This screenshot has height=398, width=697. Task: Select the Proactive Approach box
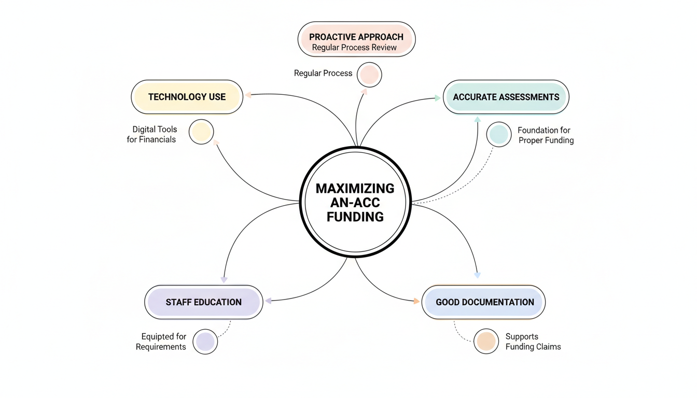coord(356,39)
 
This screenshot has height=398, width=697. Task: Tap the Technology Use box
coord(187,97)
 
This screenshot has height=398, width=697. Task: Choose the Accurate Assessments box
coord(506,97)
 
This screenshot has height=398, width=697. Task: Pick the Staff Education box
coord(203,302)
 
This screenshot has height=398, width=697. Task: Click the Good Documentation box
coord(484,302)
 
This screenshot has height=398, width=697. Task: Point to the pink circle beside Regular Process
coord(369,75)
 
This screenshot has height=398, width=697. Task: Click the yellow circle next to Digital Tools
coord(201,132)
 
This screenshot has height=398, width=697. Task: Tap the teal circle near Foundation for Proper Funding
coord(499,134)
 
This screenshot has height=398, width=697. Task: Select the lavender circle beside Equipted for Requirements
coord(205,342)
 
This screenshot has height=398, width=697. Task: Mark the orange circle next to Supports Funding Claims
coord(486,342)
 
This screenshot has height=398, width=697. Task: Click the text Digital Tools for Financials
coord(152,134)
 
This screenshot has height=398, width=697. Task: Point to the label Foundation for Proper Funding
coord(546,135)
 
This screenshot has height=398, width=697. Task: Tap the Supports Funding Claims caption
coord(533,342)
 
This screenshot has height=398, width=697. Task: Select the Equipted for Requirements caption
coord(161,342)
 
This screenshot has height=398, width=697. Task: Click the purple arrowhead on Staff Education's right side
coord(269,300)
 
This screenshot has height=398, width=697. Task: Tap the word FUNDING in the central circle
coord(355,217)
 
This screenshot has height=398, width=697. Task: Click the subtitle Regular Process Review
coord(354,48)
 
